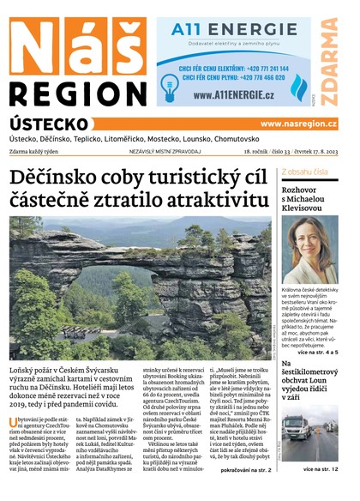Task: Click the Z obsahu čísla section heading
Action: point(304,172)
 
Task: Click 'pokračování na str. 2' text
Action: point(247,470)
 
